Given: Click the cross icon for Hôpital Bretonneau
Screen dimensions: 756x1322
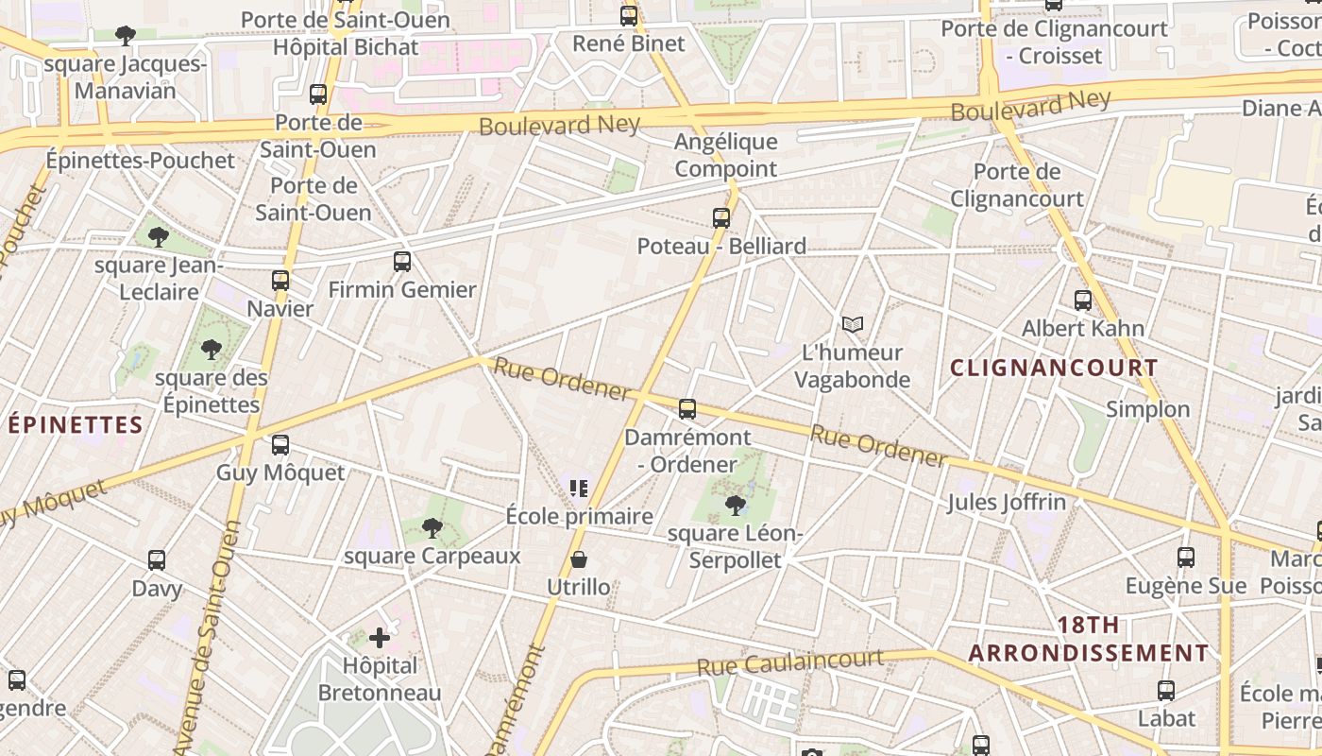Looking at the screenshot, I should [x=380, y=638].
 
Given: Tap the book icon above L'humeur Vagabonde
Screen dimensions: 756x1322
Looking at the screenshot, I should [x=853, y=325].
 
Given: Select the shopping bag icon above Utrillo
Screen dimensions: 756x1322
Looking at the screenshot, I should [x=579, y=560].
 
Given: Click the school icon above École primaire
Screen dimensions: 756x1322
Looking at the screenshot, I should [x=579, y=489].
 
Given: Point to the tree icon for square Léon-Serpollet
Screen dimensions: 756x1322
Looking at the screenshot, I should [x=735, y=506].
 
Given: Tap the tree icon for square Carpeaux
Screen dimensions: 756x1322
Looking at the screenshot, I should [x=432, y=528].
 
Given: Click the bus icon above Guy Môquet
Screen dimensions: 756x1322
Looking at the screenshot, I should [x=280, y=445].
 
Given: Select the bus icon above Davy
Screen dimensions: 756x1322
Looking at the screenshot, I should [x=157, y=560].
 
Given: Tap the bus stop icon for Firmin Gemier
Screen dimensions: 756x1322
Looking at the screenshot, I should [x=402, y=262].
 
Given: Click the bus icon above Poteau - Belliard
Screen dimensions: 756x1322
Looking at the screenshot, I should [x=721, y=218].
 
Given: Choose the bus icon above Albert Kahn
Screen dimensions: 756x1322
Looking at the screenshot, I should [x=1083, y=301].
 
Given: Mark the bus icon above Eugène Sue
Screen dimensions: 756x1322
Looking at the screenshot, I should [x=1186, y=558].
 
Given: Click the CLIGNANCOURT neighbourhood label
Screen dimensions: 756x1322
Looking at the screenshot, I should [x=1054, y=369].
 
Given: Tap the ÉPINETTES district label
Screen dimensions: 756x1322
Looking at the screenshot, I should [x=76, y=425].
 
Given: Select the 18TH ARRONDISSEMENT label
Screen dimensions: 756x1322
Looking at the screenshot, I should [x=1089, y=639].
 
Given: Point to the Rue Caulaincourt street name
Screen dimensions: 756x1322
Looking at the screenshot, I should [x=790, y=661].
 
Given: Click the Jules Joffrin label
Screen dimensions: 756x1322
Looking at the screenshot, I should [x=1007, y=502].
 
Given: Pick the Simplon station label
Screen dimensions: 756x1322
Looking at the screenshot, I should [x=1148, y=409].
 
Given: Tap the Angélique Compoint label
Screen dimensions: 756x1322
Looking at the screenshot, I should [x=726, y=156].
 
